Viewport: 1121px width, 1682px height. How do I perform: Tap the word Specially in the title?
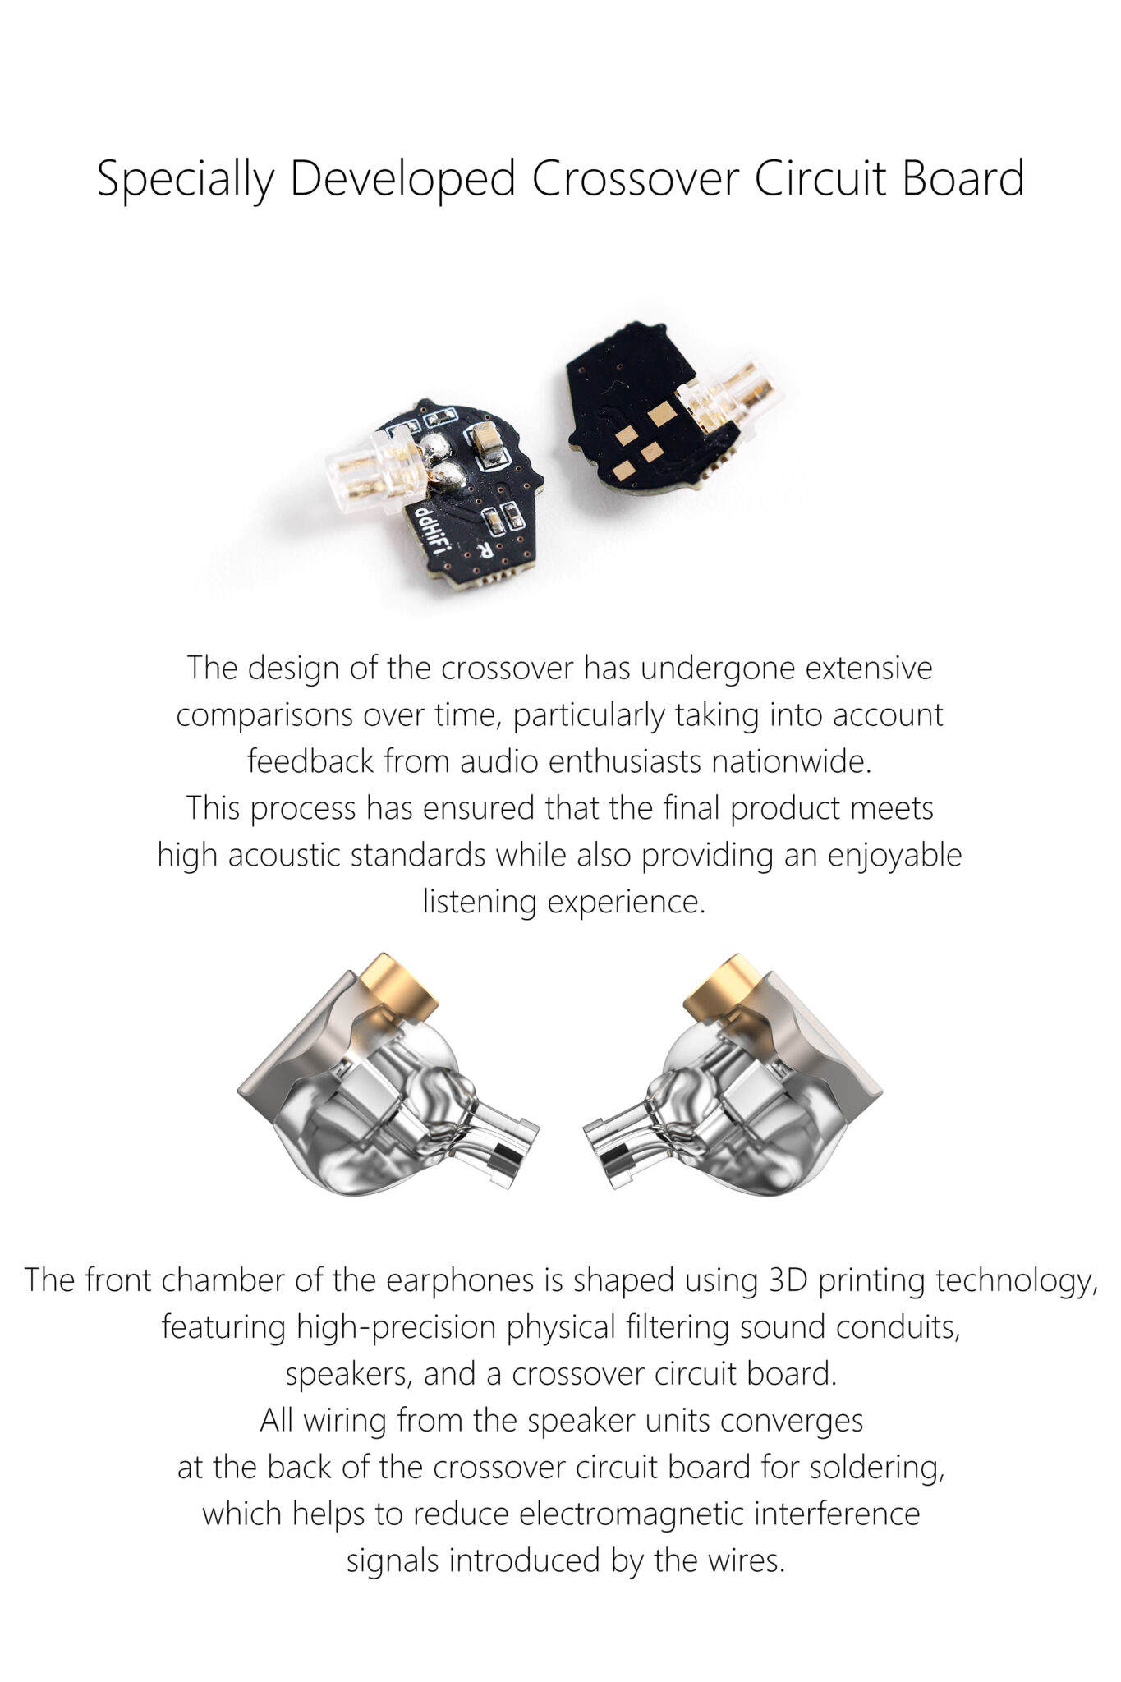click(186, 180)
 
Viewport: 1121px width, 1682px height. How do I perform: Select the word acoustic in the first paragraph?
click(285, 855)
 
